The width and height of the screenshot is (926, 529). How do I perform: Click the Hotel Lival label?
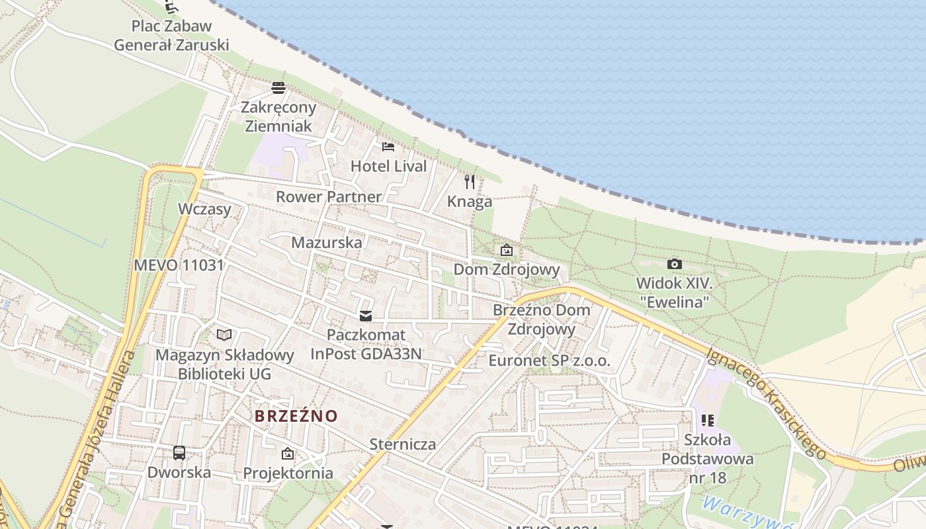pyautogui.click(x=389, y=166)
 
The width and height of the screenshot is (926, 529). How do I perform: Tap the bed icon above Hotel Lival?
pyautogui.click(x=388, y=146)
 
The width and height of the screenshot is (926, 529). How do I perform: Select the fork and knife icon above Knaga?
pyautogui.click(x=470, y=181)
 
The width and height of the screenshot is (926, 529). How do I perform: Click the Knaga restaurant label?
pyautogui.click(x=470, y=202)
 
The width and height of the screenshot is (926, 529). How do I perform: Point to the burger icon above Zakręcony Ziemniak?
pyautogui.click(x=278, y=88)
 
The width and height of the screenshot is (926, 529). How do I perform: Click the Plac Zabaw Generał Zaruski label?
pyautogui.click(x=171, y=36)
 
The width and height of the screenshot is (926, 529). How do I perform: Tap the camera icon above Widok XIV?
pyautogui.click(x=674, y=264)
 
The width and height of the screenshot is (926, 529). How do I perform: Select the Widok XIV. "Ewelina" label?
pyautogui.click(x=673, y=292)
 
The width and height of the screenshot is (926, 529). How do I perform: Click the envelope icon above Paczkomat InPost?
pyautogui.click(x=365, y=316)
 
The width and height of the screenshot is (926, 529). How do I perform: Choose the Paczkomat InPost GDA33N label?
pyautogui.click(x=366, y=344)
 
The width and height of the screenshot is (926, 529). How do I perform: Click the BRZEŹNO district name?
pyautogui.click(x=296, y=416)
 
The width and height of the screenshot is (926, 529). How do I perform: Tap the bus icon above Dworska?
pyautogui.click(x=179, y=453)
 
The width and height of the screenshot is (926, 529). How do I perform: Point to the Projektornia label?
pyautogui.click(x=288, y=473)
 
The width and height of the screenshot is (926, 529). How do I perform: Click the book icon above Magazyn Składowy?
pyautogui.click(x=224, y=335)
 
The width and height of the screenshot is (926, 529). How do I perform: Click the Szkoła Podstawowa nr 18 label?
pyautogui.click(x=707, y=458)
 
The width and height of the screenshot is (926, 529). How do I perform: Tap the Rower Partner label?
pyautogui.click(x=329, y=197)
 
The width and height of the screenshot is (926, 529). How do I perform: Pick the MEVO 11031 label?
pyautogui.click(x=179, y=266)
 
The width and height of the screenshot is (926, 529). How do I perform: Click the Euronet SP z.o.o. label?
pyautogui.click(x=550, y=361)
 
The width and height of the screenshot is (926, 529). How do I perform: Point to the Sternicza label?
pyautogui.click(x=403, y=444)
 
